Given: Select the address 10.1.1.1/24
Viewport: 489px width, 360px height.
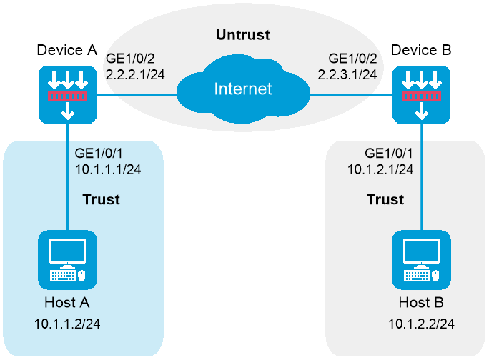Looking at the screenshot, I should click(x=108, y=169).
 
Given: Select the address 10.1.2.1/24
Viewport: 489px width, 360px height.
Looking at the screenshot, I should click(x=380, y=169).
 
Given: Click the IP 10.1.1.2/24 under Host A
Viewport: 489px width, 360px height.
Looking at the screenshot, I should click(x=67, y=324).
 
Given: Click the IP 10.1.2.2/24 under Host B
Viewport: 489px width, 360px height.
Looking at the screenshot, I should click(x=421, y=324).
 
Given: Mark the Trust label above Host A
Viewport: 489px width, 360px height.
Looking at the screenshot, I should click(x=100, y=199).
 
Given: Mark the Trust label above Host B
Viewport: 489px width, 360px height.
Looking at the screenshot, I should click(x=385, y=199).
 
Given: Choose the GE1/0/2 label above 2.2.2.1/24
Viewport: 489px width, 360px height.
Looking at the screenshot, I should click(x=127, y=57).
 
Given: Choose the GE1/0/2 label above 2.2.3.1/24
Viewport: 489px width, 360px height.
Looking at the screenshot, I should click(x=351, y=57).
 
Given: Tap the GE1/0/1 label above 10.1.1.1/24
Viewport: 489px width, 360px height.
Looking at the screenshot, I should click(x=99, y=153).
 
